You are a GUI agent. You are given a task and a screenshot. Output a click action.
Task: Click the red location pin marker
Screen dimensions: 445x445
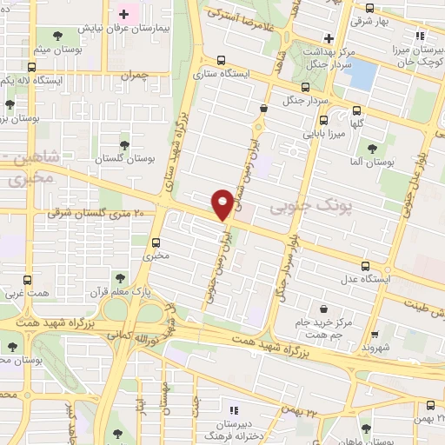pyautogui.click(x=222, y=203)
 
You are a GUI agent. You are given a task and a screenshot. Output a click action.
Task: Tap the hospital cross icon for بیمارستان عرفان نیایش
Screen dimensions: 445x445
pyautogui.click(x=123, y=15)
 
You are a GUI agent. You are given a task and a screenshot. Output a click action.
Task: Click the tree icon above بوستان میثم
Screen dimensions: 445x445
pyautogui.click(x=57, y=36)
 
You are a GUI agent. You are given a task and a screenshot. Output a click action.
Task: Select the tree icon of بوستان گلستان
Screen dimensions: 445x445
pyautogui.click(x=124, y=143)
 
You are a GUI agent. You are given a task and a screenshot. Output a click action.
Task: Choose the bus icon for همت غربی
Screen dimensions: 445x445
pyautogui.click(x=28, y=281)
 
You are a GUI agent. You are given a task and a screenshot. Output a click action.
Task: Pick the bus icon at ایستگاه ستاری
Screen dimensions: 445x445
pyautogui.click(x=222, y=61)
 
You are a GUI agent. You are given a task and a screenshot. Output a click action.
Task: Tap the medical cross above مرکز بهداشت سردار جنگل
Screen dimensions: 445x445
pyautogui.click(x=328, y=38)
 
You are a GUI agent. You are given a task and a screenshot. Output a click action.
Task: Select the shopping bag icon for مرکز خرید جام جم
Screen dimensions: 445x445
pyautogui.click(x=324, y=309)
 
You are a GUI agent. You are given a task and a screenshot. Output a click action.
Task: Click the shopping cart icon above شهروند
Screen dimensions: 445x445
pyautogui.click(x=374, y=333)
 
